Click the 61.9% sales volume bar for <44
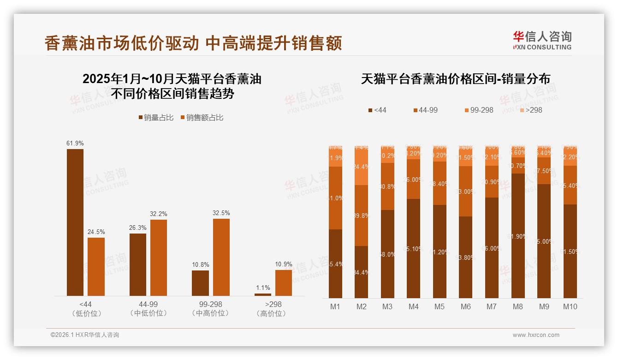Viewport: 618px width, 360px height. click(75, 222)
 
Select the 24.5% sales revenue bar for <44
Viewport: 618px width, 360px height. click(96, 266)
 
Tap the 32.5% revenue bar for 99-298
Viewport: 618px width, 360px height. click(221, 257)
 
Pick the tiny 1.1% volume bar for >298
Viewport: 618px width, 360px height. click(263, 294)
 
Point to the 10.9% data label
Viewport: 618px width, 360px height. click(283, 264)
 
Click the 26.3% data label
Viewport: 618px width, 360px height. click(138, 228)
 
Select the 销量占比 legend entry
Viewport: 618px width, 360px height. click(156, 118)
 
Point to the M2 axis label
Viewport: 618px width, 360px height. click(361, 306)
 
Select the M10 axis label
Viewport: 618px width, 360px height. click(570, 306)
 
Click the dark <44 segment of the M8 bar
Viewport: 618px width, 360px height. click(518, 235)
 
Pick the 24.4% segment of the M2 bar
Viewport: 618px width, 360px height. click(361, 167)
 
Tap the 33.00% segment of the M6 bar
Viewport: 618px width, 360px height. click(466, 191)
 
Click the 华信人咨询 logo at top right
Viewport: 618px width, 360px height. click(542, 40)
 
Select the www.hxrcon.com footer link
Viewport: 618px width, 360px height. click(536, 335)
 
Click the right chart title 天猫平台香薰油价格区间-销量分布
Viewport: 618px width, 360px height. click(455, 79)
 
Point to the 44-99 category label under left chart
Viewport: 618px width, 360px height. click(148, 305)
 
